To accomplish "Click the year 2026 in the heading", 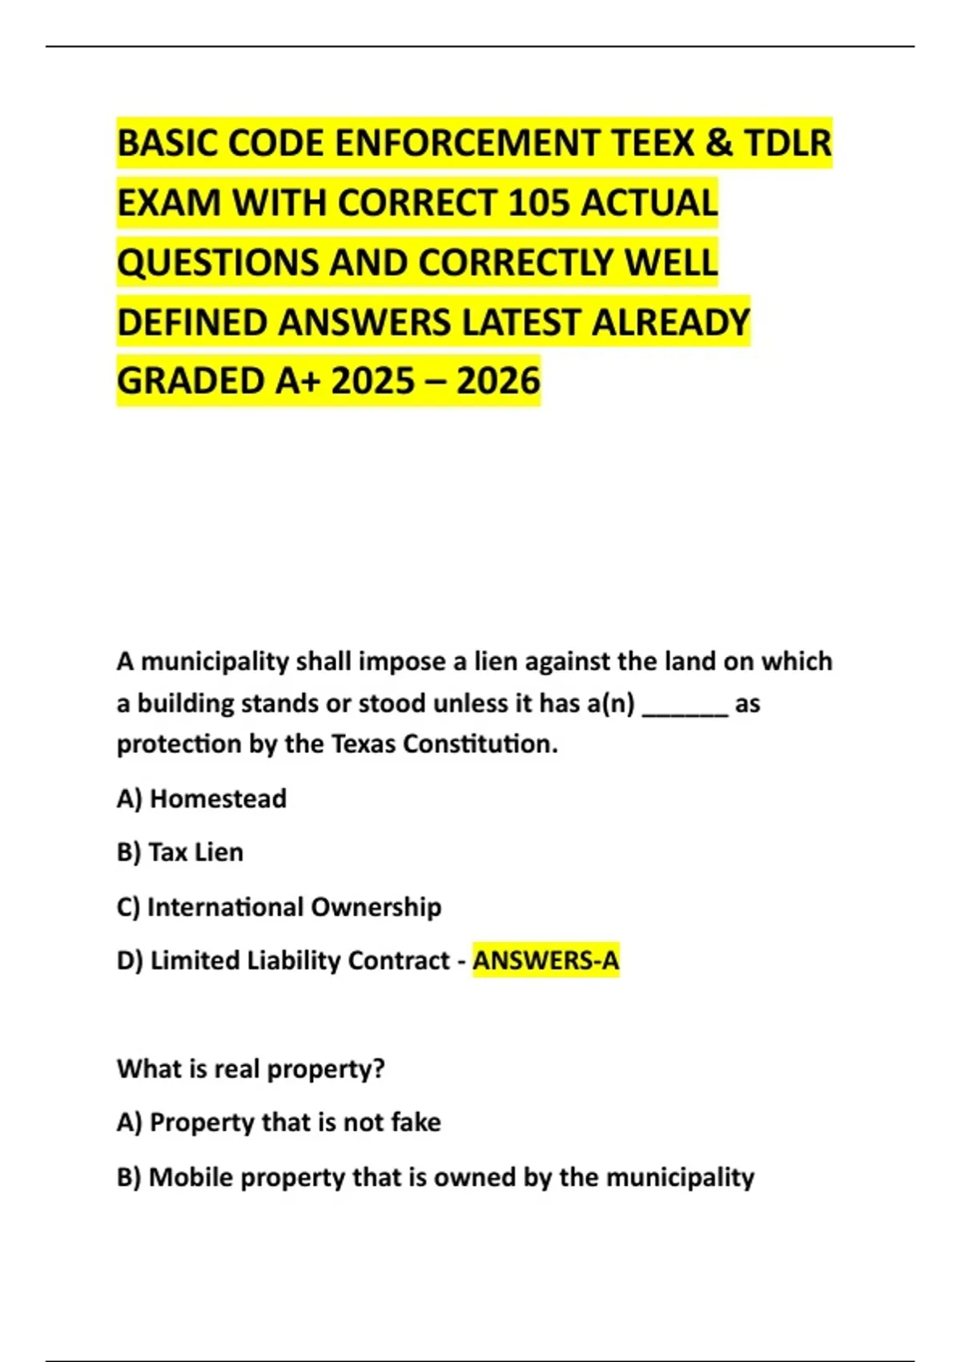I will pos(498,381).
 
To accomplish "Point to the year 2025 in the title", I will pos(372,381).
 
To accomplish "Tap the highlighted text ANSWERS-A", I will pos(546,960).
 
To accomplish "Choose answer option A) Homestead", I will pos(202,799).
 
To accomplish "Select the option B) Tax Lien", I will pos(180,852).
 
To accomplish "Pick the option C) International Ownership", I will pos(279,907).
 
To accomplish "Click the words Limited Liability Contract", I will pos(300,960).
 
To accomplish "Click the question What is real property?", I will pos(251,1069).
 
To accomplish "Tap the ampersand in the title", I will pos(719,143).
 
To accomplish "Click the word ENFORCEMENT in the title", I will pos(468,143).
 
